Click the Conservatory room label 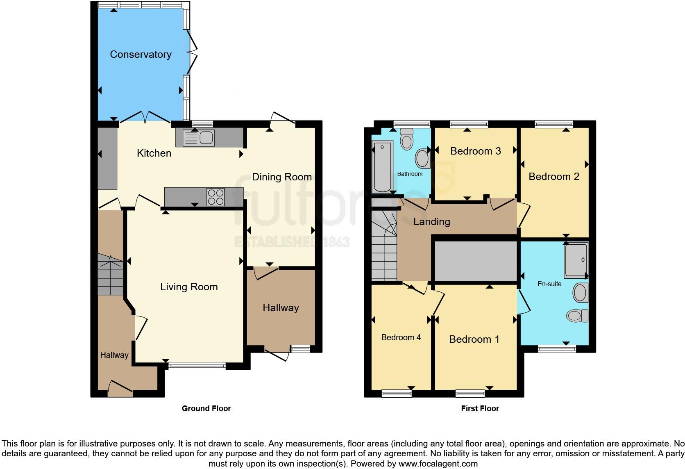pyautogui.click(x=141, y=55)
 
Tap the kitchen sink pyautogui.click(x=199, y=138)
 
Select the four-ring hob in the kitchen pyautogui.click(x=215, y=197)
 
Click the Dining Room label pyautogui.click(x=281, y=177)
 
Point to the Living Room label pyautogui.click(x=189, y=287)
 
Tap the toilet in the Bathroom pyautogui.click(x=406, y=139)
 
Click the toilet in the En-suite pyautogui.click(x=577, y=316)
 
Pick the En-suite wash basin pyautogui.click(x=580, y=293)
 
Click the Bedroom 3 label pyautogui.click(x=475, y=151)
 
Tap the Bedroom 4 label pyautogui.click(x=401, y=337)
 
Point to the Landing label pyautogui.click(x=431, y=222)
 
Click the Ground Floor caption pyautogui.click(x=206, y=408)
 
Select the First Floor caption pyautogui.click(x=480, y=408)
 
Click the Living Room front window pyautogui.click(x=197, y=366)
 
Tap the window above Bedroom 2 pyautogui.click(x=553, y=123)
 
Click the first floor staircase pyautogui.click(x=384, y=246)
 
